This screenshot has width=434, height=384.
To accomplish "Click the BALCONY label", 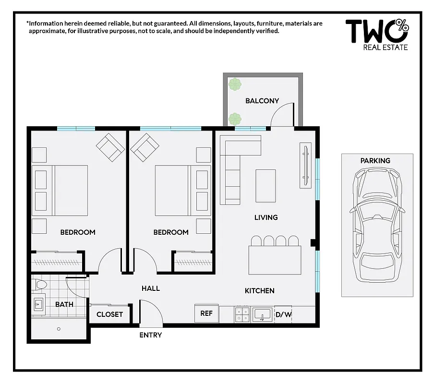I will [262, 101].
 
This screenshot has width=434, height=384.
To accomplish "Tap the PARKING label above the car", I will [375, 161].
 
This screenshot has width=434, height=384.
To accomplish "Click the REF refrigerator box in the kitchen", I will [206, 313].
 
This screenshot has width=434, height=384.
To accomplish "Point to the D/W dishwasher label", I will [283, 315].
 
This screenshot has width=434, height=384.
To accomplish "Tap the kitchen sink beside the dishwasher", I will [262, 314].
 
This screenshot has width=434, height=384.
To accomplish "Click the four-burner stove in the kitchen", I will [242, 314].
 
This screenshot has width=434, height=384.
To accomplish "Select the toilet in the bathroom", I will [41, 286].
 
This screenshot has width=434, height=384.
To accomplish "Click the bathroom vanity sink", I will [39, 304].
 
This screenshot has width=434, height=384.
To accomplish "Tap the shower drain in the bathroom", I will [59, 329].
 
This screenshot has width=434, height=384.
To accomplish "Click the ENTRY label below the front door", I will [150, 335].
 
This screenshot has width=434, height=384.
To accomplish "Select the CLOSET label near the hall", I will [109, 314].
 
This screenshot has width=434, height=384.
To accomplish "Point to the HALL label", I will [150, 288].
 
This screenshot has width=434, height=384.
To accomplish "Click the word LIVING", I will [266, 217].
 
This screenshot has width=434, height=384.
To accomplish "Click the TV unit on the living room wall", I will [305, 165].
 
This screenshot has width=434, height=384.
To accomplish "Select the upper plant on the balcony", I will [235, 85].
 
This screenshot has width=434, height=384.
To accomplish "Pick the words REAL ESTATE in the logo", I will [386, 47].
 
